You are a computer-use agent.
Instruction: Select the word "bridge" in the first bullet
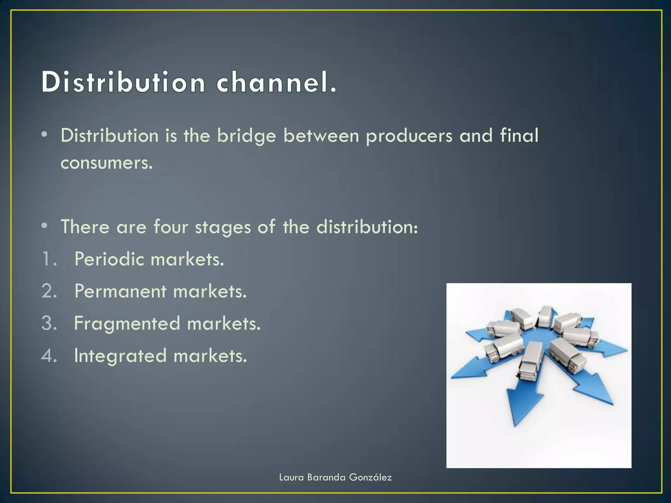pos(247,136)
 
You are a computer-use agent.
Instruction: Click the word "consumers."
pos(107,163)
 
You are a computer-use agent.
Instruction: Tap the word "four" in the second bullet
pos(171,227)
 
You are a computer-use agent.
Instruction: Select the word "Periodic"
pos(109,259)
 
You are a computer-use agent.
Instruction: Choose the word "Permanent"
pos(120,291)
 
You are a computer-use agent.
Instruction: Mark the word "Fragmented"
pos(127,324)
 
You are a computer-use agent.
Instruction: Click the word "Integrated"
pos(120,356)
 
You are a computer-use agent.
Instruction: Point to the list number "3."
pos(49,323)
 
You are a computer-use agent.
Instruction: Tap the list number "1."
pos(49,259)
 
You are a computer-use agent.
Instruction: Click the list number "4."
pos(49,356)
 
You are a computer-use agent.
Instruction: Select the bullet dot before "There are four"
pos(45,226)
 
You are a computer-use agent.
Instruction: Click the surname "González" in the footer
pos(370,477)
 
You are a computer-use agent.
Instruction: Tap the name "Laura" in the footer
pos(291,477)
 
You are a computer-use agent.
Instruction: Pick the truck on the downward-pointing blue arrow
pos(528,362)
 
